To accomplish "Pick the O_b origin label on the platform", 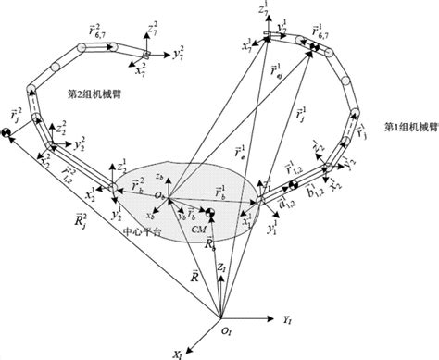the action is [x=159, y=197].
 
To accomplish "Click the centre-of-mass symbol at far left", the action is [x=6, y=136].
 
